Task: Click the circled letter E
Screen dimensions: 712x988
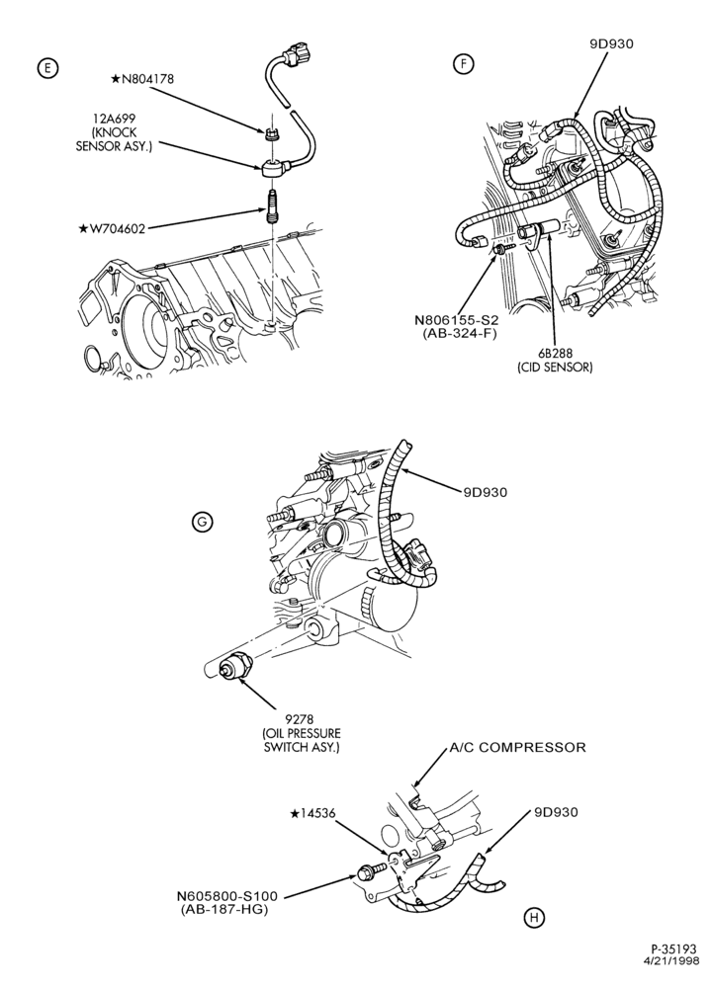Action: [47, 68]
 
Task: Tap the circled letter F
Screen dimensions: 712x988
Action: [464, 64]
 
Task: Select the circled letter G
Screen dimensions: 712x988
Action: [203, 522]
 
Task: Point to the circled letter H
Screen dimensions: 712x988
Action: [534, 918]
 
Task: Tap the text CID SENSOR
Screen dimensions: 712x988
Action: [553, 368]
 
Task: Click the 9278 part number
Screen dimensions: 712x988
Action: [301, 718]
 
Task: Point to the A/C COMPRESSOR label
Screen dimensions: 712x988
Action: [517, 747]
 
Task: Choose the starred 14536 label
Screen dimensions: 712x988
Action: [312, 813]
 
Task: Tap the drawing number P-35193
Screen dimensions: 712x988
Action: [675, 947]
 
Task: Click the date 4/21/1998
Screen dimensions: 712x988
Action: [671, 960]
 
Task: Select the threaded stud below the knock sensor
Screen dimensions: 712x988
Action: [273, 206]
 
